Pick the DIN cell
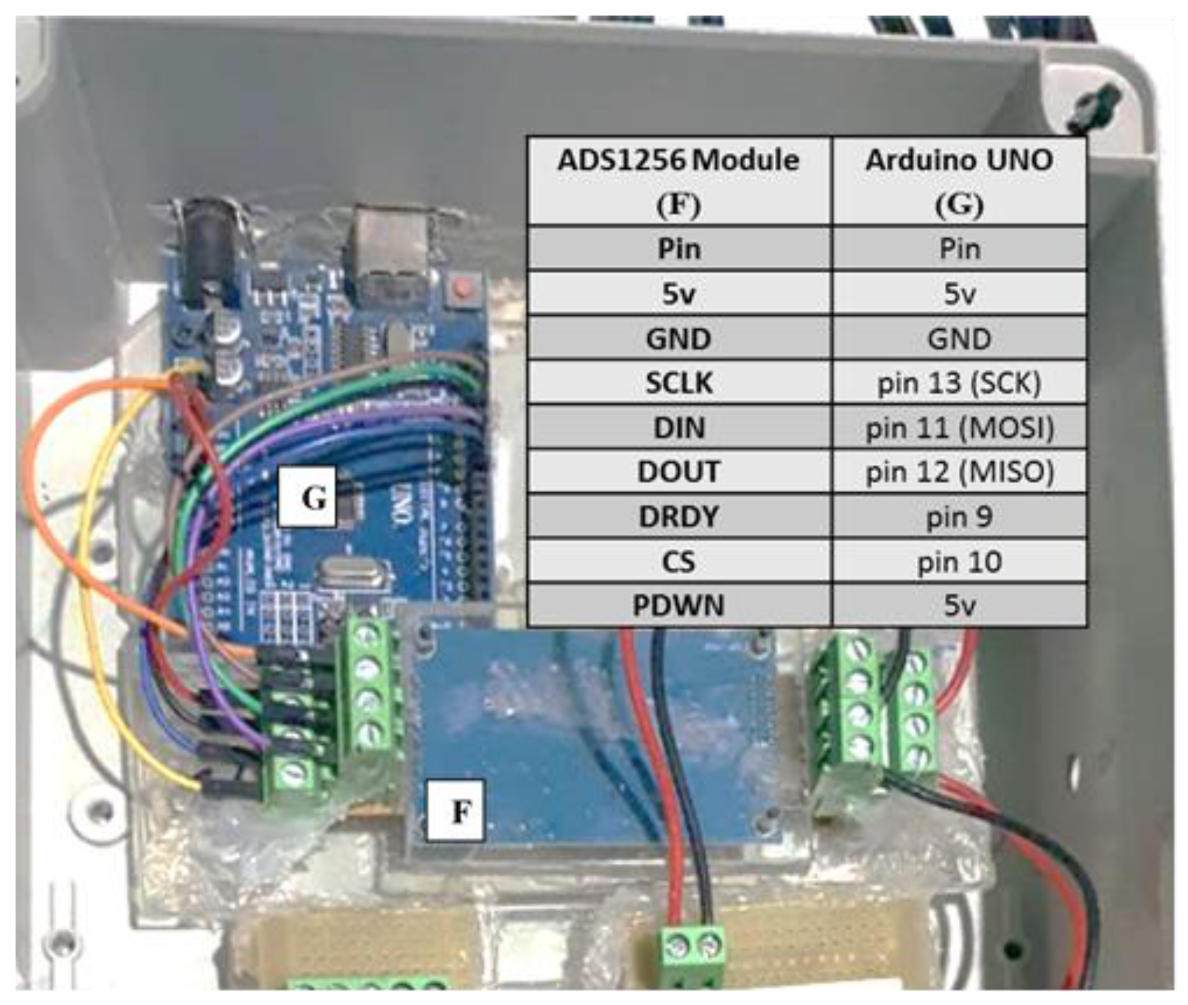coord(678,427)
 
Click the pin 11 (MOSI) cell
coord(959,427)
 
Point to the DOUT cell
coord(678,472)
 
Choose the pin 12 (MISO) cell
coord(959,472)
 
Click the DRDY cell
coord(678,517)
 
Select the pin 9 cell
coord(959,517)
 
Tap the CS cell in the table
coord(678,562)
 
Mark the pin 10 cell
coord(959,562)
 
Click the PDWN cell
coord(678,605)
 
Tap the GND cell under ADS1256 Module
coord(678,338)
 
